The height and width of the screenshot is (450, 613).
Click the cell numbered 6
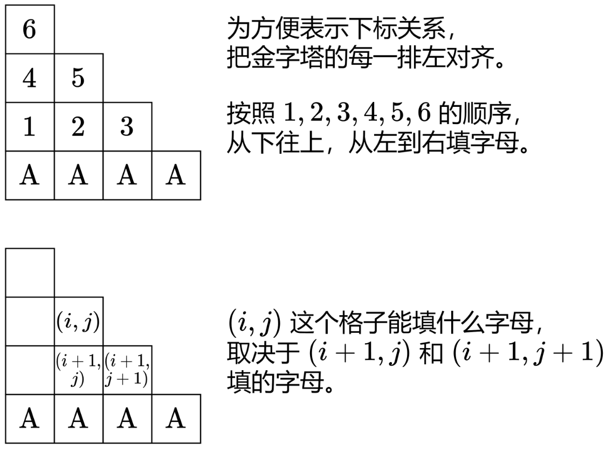tap(30, 29)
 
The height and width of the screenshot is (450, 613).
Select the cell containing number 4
tap(30, 78)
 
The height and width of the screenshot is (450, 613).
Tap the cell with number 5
tap(79, 78)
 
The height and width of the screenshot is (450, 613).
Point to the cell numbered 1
tap(30, 127)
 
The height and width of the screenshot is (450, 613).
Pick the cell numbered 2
tap(79, 127)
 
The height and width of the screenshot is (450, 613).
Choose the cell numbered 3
tap(127, 127)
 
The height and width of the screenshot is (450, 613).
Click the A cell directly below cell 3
tap(127, 176)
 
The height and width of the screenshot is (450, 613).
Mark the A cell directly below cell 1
tap(30, 176)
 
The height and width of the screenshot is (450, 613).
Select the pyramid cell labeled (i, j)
tap(79, 322)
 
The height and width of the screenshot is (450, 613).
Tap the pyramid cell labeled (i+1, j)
tap(79, 371)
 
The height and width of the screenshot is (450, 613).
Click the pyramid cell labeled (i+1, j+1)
tap(127, 371)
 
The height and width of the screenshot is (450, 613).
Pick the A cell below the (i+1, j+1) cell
tap(127, 419)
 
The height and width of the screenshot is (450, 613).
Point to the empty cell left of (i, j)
tap(30, 322)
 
